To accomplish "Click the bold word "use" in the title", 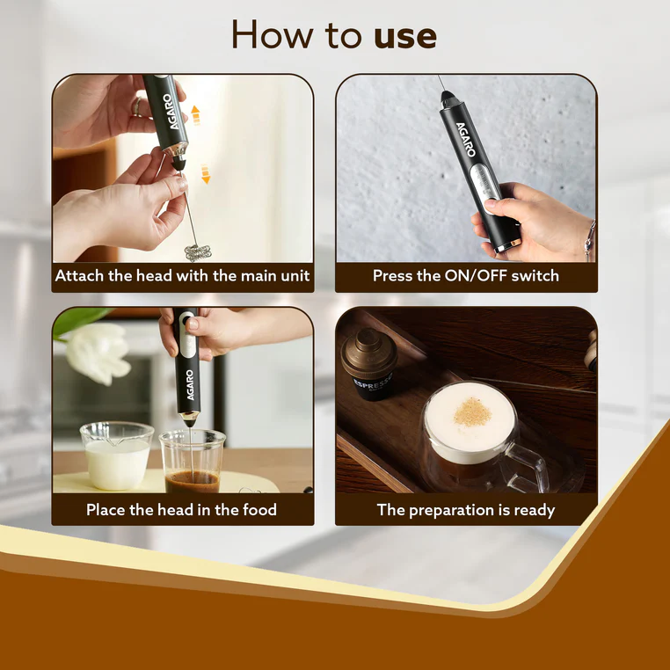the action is (x=405, y=37).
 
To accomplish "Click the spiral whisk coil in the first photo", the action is (x=198, y=252).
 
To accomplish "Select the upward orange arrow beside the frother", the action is (x=195, y=115).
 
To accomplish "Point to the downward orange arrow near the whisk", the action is (x=206, y=174).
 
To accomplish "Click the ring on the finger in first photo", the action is (x=137, y=106).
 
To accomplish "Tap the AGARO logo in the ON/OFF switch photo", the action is (x=466, y=140).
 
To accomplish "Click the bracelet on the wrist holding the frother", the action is (x=590, y=240).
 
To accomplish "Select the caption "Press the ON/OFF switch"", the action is (x=466, y=275).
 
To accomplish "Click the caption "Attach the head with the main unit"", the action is (x=183, y=275).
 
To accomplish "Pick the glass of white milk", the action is (x=117, y=455).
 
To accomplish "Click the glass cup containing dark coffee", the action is (x=193, y=462).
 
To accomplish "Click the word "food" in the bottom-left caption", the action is (x=259, y=509).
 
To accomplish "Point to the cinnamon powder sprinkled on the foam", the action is (x=472, y=412).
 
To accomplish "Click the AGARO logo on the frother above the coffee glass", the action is (x=190, y=385).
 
